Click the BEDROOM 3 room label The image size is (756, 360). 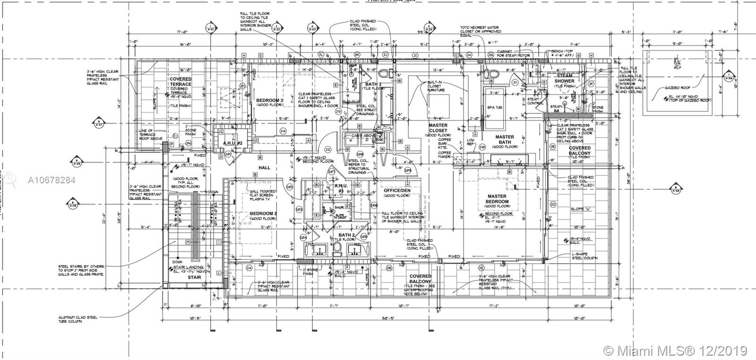pos(269,101)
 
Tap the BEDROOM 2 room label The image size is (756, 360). pos(263,214)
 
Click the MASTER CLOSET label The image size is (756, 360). pos(438,128)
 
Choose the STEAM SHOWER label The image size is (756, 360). pos(564,78)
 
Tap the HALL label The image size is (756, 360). pos(264,168)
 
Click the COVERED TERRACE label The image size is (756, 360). pos(181,82)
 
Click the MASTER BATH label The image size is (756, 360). pos(504,139)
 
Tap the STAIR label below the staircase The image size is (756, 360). pos(194,277)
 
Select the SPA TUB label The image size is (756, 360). pos(494,108)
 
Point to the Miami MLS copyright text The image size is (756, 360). pos(676,351)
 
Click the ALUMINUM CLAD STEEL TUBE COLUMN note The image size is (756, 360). pos(78,319)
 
